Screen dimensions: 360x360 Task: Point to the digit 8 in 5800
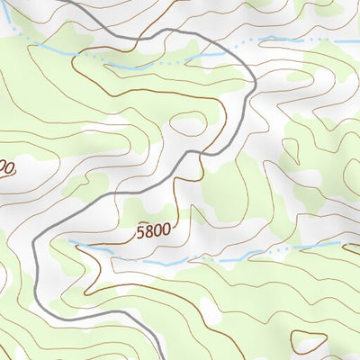tap(148, 232)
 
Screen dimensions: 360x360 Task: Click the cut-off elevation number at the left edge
tap(6, 168)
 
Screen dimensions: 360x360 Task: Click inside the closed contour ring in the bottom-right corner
tap(309, 342)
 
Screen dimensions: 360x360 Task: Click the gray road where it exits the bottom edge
tap(161, 358)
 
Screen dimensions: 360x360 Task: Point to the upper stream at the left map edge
tap(2, 29)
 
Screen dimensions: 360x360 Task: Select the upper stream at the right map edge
tap(357, 40)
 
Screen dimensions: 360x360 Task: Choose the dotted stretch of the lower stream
tap(270, 250)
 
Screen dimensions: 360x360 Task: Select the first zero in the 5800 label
tap(156, 231)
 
